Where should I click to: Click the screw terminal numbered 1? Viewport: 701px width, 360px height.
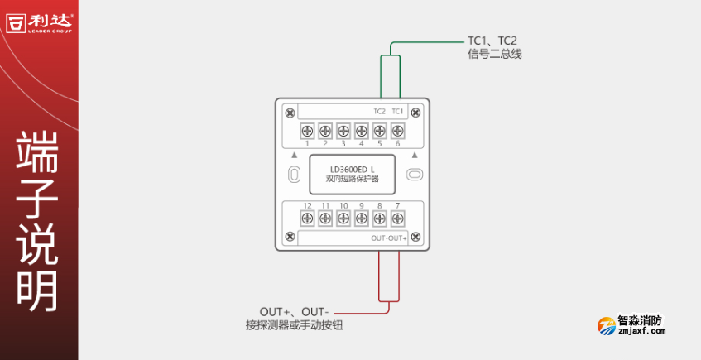[307, 131]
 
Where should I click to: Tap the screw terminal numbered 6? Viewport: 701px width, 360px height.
[397, 131]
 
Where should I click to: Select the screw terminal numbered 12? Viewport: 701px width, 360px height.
[307, 218]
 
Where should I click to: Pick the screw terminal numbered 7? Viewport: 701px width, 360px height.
[397, 218]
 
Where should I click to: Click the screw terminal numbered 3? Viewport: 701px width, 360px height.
[343, 131]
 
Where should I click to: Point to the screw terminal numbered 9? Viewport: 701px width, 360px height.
[361, 218]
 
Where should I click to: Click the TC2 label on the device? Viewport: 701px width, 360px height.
[379, 112]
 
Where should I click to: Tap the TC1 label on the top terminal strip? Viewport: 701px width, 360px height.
[397, 112]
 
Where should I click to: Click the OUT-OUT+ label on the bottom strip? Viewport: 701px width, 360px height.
[388, 238]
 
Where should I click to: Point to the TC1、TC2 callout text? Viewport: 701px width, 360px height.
[492, 40]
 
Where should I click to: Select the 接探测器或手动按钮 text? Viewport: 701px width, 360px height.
[294, 325]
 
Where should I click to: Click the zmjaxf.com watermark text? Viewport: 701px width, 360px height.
[641, 331]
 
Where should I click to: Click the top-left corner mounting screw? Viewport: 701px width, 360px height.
[289, 113]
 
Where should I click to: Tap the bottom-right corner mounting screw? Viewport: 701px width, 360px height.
[415, 238]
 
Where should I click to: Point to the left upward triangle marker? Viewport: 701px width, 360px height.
[293, 155]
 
